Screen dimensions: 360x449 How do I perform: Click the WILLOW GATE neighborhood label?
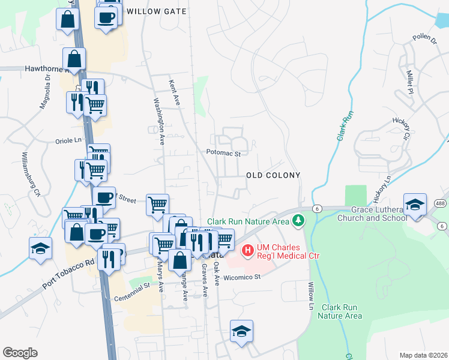[157, 11]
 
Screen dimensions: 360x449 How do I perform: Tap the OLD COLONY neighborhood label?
[273, 175]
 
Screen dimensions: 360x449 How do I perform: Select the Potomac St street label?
[223, 154]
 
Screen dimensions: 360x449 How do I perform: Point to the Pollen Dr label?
[424, 39]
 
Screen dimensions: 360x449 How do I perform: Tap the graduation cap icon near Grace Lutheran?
[415, 205]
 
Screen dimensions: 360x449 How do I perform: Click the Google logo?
[20, 353]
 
